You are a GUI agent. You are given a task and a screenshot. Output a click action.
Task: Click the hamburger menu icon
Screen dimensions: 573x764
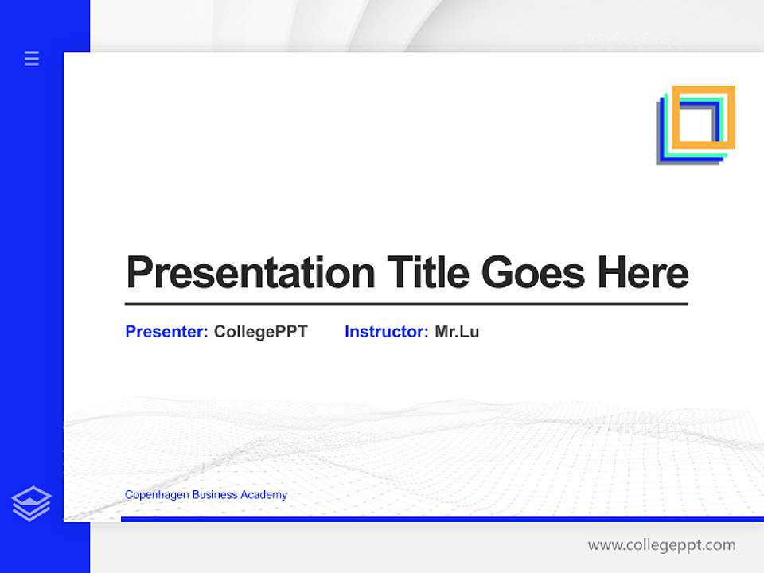pos(32,58)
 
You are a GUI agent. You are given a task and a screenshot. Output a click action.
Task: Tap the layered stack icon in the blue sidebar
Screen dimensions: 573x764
pos(31,504)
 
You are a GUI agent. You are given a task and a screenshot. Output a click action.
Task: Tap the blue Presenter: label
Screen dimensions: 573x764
pos(166,332)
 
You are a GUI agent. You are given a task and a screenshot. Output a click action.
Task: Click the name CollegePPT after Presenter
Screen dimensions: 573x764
pos(260,332)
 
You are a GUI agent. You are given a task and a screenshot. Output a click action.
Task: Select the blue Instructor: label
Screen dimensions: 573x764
pos(386,332)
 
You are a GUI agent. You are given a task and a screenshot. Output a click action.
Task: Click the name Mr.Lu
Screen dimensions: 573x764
pos(457,332)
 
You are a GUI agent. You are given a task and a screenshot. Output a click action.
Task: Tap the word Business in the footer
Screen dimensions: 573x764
pos(217,495)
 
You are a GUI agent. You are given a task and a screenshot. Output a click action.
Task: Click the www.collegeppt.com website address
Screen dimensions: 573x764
pos(661,545)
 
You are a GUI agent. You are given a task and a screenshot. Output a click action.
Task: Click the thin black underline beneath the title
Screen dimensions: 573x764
pos(406,304)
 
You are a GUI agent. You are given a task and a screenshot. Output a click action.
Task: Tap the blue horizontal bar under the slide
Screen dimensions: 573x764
pos(438,519)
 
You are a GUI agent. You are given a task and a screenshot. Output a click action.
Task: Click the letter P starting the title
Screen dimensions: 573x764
pos(138,273)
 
